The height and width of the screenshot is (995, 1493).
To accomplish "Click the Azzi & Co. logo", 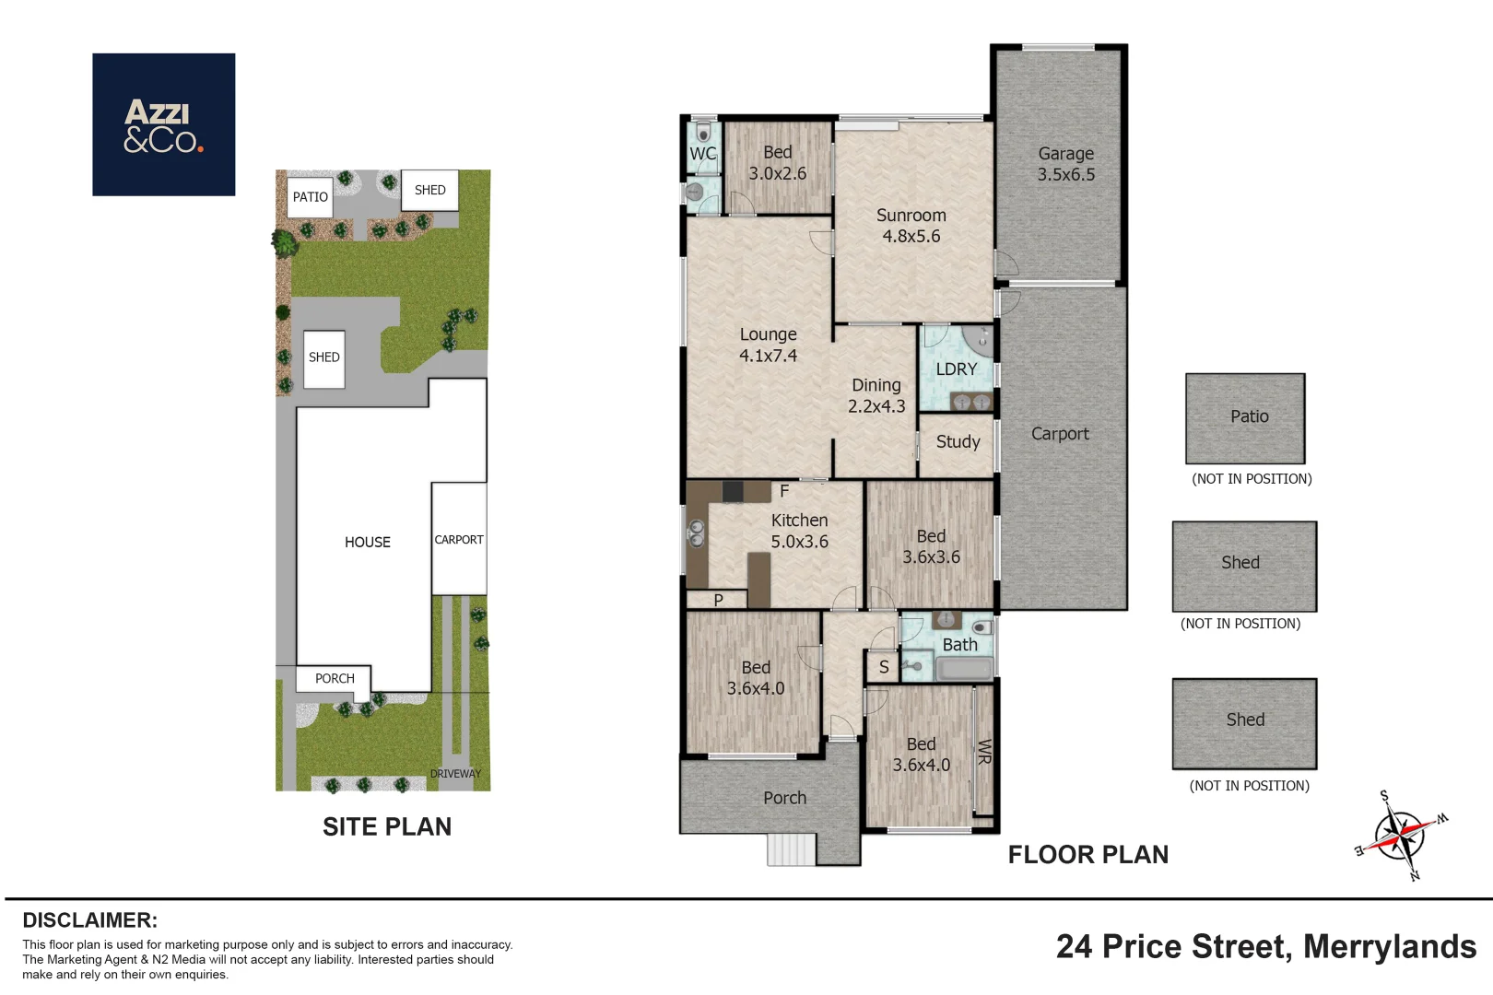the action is point(163,124).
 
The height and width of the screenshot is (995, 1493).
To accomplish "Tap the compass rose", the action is point(1401,835).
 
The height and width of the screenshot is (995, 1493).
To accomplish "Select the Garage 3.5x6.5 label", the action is point(1065,164).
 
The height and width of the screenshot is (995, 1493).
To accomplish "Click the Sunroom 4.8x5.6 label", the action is point(911,226).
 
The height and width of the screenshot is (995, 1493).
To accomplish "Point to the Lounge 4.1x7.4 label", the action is point(768,345).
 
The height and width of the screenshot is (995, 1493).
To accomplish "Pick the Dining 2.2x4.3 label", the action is point(876,395).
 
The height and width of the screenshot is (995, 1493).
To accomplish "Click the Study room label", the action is point(958,442).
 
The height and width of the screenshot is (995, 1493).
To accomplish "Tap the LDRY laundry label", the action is point(957,369).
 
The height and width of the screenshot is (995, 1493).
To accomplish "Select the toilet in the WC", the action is point(703,132).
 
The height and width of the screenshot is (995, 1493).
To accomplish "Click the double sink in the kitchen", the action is point(697,533).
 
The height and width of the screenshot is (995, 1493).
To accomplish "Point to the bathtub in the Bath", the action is point(964,668).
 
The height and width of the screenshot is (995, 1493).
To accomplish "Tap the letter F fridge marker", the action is point(784,491).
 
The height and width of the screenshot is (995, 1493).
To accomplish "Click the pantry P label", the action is point(719,600).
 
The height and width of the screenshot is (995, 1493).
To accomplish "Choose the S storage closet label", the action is point(884,667).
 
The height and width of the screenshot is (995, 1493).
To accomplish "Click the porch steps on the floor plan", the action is point(791,849).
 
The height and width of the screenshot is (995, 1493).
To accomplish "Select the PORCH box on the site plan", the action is point(334,679).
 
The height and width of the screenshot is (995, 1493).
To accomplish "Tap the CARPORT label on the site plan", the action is point(459,539).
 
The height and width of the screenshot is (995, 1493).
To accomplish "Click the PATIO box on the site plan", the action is point(310,197).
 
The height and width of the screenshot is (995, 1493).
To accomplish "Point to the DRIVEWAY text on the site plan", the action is point(455,774).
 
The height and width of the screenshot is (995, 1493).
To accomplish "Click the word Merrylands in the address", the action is point(1390,946).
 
